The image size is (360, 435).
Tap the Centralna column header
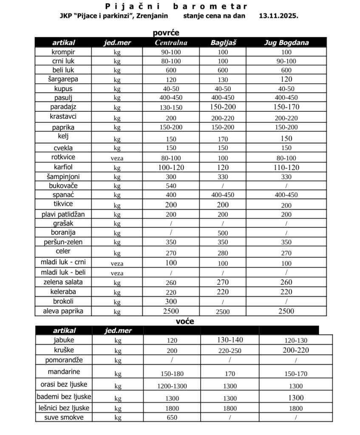click(171, 42)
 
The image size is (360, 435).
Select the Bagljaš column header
click(223, 42)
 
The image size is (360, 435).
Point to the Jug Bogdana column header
click(286, 42)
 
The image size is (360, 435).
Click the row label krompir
click(63, 52)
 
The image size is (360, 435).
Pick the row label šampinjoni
click(63, 176)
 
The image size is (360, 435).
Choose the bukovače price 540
click(171, 186)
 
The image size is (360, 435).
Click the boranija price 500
click(223, 233)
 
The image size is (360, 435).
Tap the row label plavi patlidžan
click(63, 214)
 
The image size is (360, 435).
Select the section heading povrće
click(166, 33)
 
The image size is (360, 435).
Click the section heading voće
click(185, 322)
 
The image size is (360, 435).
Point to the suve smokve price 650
click(171, 418)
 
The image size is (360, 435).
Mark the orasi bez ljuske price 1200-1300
click(171, 386)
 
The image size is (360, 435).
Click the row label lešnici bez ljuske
click(63, 408)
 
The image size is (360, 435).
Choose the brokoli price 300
click(171, 301)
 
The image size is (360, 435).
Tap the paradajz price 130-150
click(171, 107)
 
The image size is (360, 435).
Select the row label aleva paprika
click(63, 311)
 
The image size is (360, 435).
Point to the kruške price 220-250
click(230, 351)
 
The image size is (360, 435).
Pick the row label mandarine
click(63, 372)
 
